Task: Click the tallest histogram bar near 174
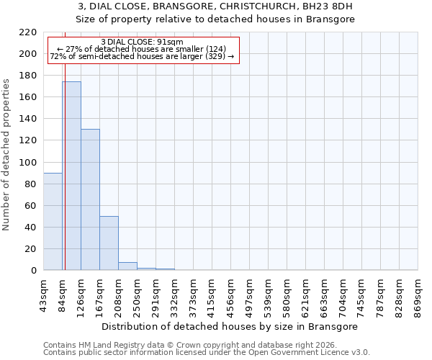pos(71,176)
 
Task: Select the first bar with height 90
pos(53,222)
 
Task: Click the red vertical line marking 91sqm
pos(65,151)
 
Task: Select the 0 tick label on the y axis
pos(33,271)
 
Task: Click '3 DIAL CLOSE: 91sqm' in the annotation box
pos(143,42)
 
